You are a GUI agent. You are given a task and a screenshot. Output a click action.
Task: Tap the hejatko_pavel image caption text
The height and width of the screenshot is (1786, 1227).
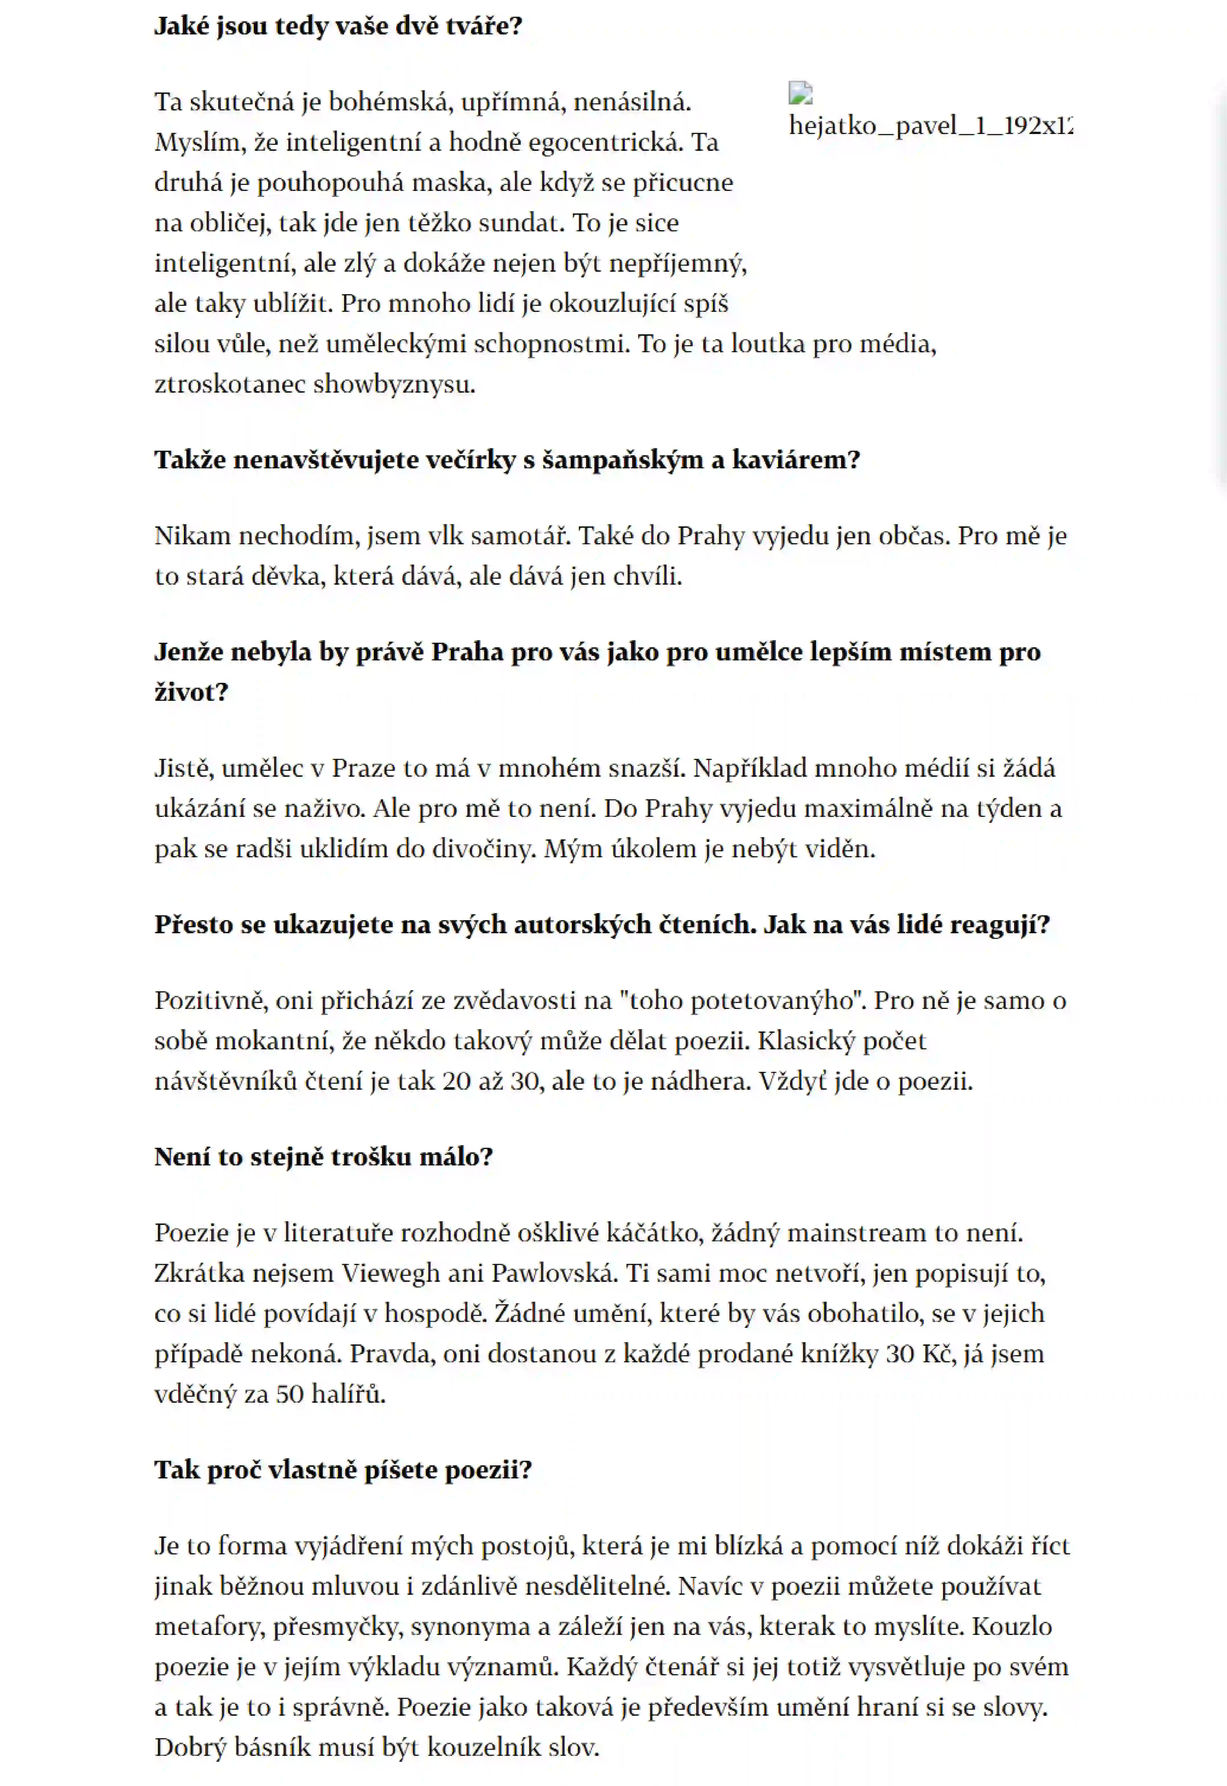[x=930, y=125]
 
